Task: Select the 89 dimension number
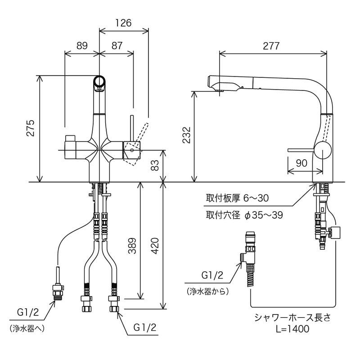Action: point(82,45)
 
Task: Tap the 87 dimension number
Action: point(117,45)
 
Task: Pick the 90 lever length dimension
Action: point(302,162)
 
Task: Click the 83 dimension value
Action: point(154,166)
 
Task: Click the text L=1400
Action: point(292,329)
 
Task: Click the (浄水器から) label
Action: point(207,291)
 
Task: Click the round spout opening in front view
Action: point(99,83)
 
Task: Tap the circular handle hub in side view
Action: point(323,149)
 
